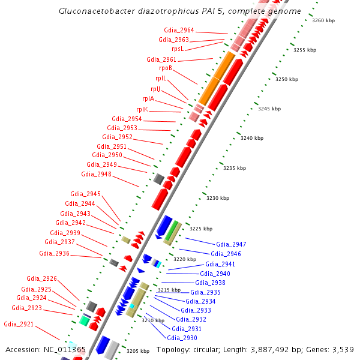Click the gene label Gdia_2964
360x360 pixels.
click(179, 30)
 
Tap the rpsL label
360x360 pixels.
click(178, 49)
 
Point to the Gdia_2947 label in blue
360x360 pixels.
click(231, 244)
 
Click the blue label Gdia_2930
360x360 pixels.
click(184, 338)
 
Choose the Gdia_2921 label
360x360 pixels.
click(19, 324)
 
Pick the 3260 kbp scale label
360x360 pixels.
click(323, 20)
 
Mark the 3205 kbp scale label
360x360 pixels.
click(138, 351)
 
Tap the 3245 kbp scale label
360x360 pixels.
click(269, 109)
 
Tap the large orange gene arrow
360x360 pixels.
click(217, 77)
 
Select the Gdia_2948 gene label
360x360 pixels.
click(96, 174)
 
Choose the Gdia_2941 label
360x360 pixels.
click(220, 264)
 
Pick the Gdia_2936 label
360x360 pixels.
click(55, 253)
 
